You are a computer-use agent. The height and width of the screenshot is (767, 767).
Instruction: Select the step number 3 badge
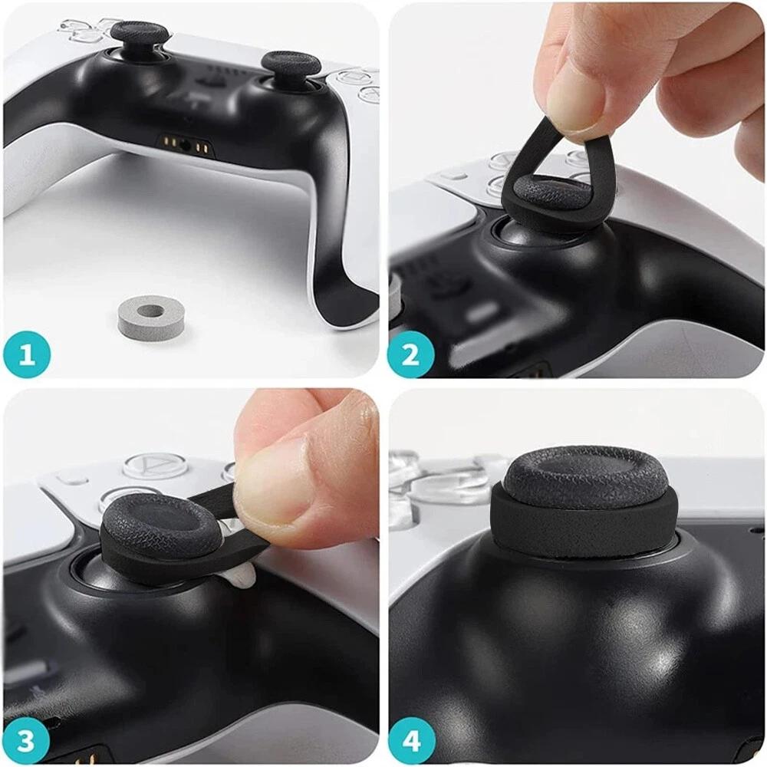click(27, 741)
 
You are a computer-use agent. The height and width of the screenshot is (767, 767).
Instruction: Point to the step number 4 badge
click(411, 741)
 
